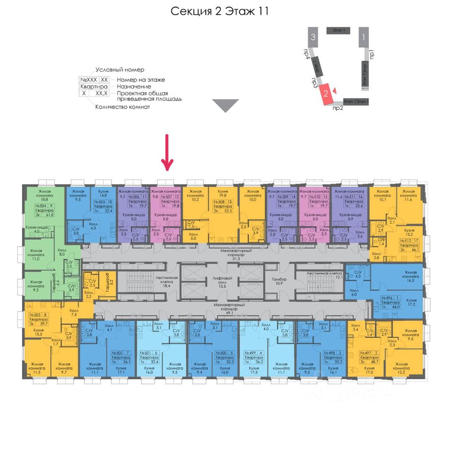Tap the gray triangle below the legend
click(x=225, y=105)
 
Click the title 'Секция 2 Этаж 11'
click(x=219, y=11)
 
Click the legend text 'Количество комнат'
click(x=123, y=107)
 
